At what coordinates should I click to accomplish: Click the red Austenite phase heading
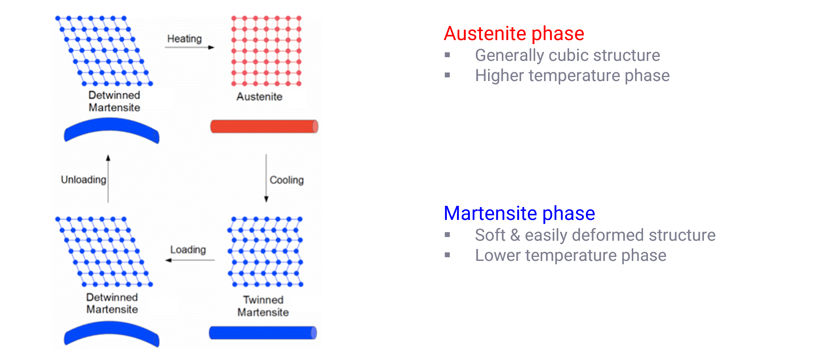point(514,33)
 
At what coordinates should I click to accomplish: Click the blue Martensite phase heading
point(519,213)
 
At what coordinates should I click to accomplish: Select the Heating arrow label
point(184,39)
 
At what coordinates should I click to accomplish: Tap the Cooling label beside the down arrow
point(287,180)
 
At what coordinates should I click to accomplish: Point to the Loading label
point(188,250)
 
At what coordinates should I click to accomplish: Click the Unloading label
point(83,180)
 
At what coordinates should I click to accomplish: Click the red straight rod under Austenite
point(264,126)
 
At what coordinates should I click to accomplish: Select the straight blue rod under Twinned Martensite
point(263,333)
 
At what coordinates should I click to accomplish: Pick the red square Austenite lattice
point(266,51)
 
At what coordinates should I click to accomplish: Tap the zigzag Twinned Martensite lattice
point(265,252)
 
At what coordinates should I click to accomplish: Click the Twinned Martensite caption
point(263,306)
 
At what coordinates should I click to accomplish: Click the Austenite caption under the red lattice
point(259,97)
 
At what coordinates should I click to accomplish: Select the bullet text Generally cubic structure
point(568,56)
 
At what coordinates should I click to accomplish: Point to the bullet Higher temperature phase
point(572,76)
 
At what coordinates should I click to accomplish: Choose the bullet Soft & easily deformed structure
point(595,235)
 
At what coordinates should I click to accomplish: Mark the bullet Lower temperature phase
point(571,256)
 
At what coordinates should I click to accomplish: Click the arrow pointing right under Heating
point(189,48)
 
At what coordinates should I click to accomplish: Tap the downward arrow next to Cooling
point(266,178)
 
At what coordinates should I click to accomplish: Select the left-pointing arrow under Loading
point(190,260)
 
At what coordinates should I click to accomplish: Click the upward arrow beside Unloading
point(108,179)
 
